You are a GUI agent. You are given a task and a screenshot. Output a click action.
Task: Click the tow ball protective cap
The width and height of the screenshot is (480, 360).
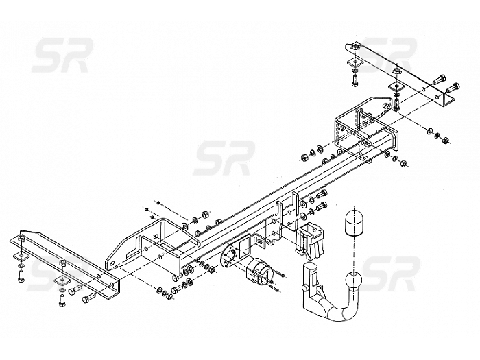pos(353,223)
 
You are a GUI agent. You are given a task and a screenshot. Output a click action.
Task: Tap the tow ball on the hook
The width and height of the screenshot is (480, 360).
pos(354,280)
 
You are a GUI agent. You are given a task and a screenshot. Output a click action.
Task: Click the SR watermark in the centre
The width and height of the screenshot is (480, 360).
pos(224,158)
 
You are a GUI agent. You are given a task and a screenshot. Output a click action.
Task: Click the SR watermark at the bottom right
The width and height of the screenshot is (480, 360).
pos(389,274)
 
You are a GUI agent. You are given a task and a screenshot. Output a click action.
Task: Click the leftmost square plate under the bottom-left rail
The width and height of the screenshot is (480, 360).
pos(21,256)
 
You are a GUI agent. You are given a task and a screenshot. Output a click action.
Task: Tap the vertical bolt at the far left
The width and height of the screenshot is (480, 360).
pos(21,276)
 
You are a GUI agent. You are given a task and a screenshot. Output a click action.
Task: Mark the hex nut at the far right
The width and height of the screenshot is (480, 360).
pos(446,140)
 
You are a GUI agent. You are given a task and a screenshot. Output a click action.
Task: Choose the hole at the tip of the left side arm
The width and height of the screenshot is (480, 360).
pos(112,263)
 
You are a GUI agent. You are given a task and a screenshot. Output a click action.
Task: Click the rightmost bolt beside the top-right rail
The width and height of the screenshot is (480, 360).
pos(453,88)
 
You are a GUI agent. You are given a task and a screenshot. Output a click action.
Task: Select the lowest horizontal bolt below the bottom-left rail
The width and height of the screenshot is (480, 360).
pos(88,297)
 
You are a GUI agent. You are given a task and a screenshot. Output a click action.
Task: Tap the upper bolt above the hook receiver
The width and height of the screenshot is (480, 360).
pos(322,194)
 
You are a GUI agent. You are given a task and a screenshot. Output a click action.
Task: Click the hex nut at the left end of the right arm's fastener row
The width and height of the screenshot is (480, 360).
pos(304,157)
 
